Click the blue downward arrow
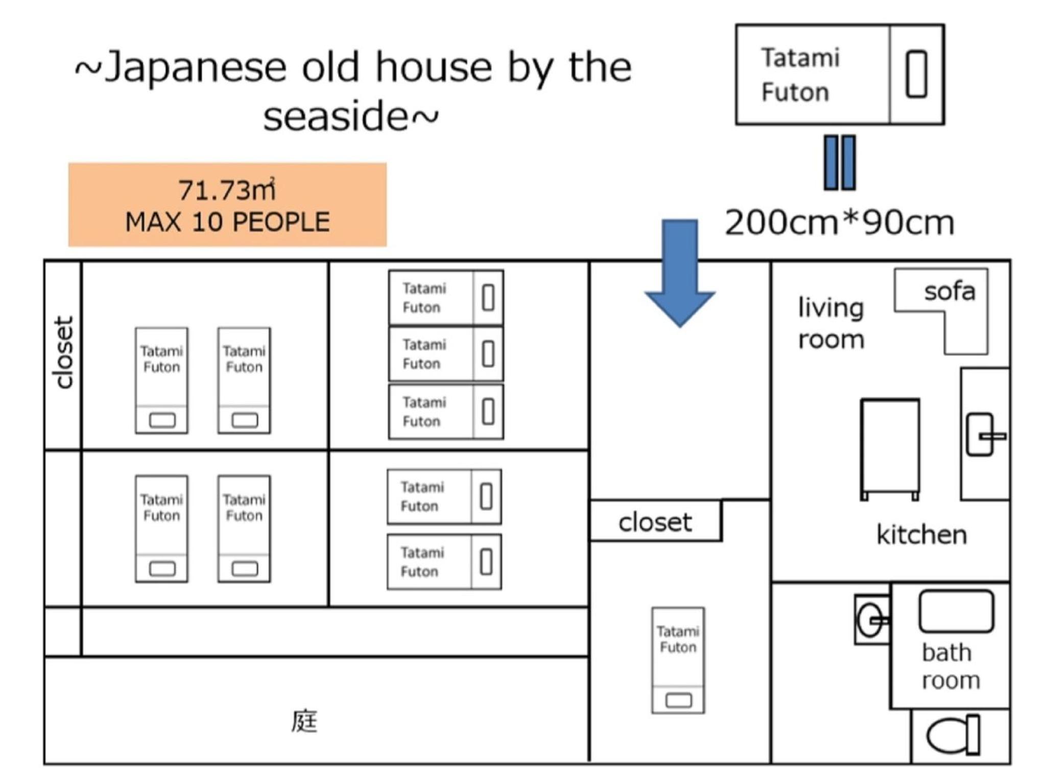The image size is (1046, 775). tap(679, 273)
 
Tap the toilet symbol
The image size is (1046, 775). tap(953, 735)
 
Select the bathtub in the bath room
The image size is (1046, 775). tap(956, 611)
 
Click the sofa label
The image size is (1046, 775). tap(949, 292)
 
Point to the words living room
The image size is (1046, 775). tap(831, 323)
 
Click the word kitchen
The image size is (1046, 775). tap(921, 535)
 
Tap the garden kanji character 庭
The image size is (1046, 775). tap(304, 721)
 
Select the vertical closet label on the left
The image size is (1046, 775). tap(63, 352)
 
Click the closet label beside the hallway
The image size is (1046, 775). tap(655, 522)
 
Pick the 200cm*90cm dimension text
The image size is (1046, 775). tap(839, 223)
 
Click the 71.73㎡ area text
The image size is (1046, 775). tap(227, 190)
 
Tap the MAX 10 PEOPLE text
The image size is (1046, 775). tap(227, 222)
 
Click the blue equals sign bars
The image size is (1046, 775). tap(840, 162)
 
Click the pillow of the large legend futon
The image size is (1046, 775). tap(916, 74)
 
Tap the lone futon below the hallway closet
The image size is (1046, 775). tap(678, 660)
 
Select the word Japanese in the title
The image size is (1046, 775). tap(196, 67)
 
